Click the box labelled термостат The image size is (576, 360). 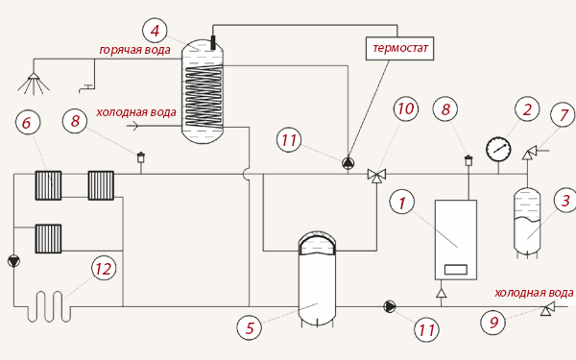[x=399, y=48]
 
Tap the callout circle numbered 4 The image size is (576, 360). [x=155, y=31]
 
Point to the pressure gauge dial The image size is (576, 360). [x=498, y=150]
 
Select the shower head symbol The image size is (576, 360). [x=34, y=84]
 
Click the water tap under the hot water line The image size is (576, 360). [x=86, y=88]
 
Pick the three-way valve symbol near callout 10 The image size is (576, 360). [x=376, y=176]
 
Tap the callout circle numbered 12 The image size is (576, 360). [x=104, y=269]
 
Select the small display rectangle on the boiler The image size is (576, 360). [x=455, y=269]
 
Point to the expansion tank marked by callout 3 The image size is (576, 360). [x=527, y=222]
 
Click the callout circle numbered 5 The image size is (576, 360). [x=250, y=327]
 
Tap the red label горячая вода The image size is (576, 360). [x=134, y=50]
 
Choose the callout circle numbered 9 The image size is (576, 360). [x=493, y=323]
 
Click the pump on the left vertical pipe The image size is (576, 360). [x=14, y=261]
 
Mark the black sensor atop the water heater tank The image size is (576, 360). [x=213, y=42]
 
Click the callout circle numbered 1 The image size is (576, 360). [x=402, y=203]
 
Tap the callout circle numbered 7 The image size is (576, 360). [x=563, y=115]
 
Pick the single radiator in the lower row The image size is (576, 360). [x=48, y=239]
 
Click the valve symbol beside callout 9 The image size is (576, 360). [x=548, y=308]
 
